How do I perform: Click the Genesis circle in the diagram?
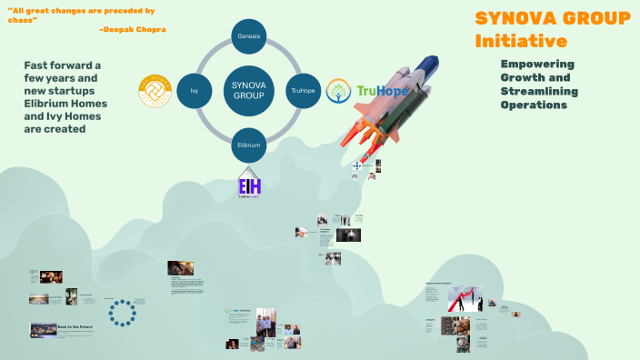pos(248,35)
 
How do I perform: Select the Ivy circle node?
pos(195,91)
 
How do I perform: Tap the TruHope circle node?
pos(302,91)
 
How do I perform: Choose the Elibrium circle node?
pos(248,145)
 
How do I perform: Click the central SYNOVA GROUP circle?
pos(248,90)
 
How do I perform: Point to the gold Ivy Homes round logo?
pos(155,90)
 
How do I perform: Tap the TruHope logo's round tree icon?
pos(339,91)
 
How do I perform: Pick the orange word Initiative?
pos(521,41)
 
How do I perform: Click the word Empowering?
pos(536,64)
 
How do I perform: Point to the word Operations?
pos(534,105)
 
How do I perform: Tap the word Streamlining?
pos(542,91)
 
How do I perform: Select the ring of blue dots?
pos(121,312)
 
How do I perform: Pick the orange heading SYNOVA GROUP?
pos(553,18)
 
